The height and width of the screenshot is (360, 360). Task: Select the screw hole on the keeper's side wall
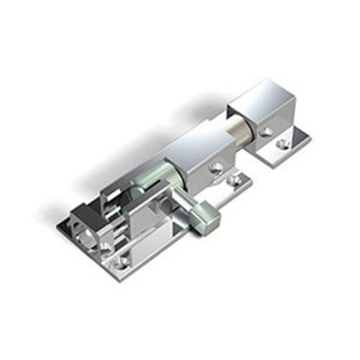[x=268, y=131]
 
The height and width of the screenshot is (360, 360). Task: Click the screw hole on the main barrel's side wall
[x=215, y=168]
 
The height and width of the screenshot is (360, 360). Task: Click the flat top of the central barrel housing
[x=191, y=144]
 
